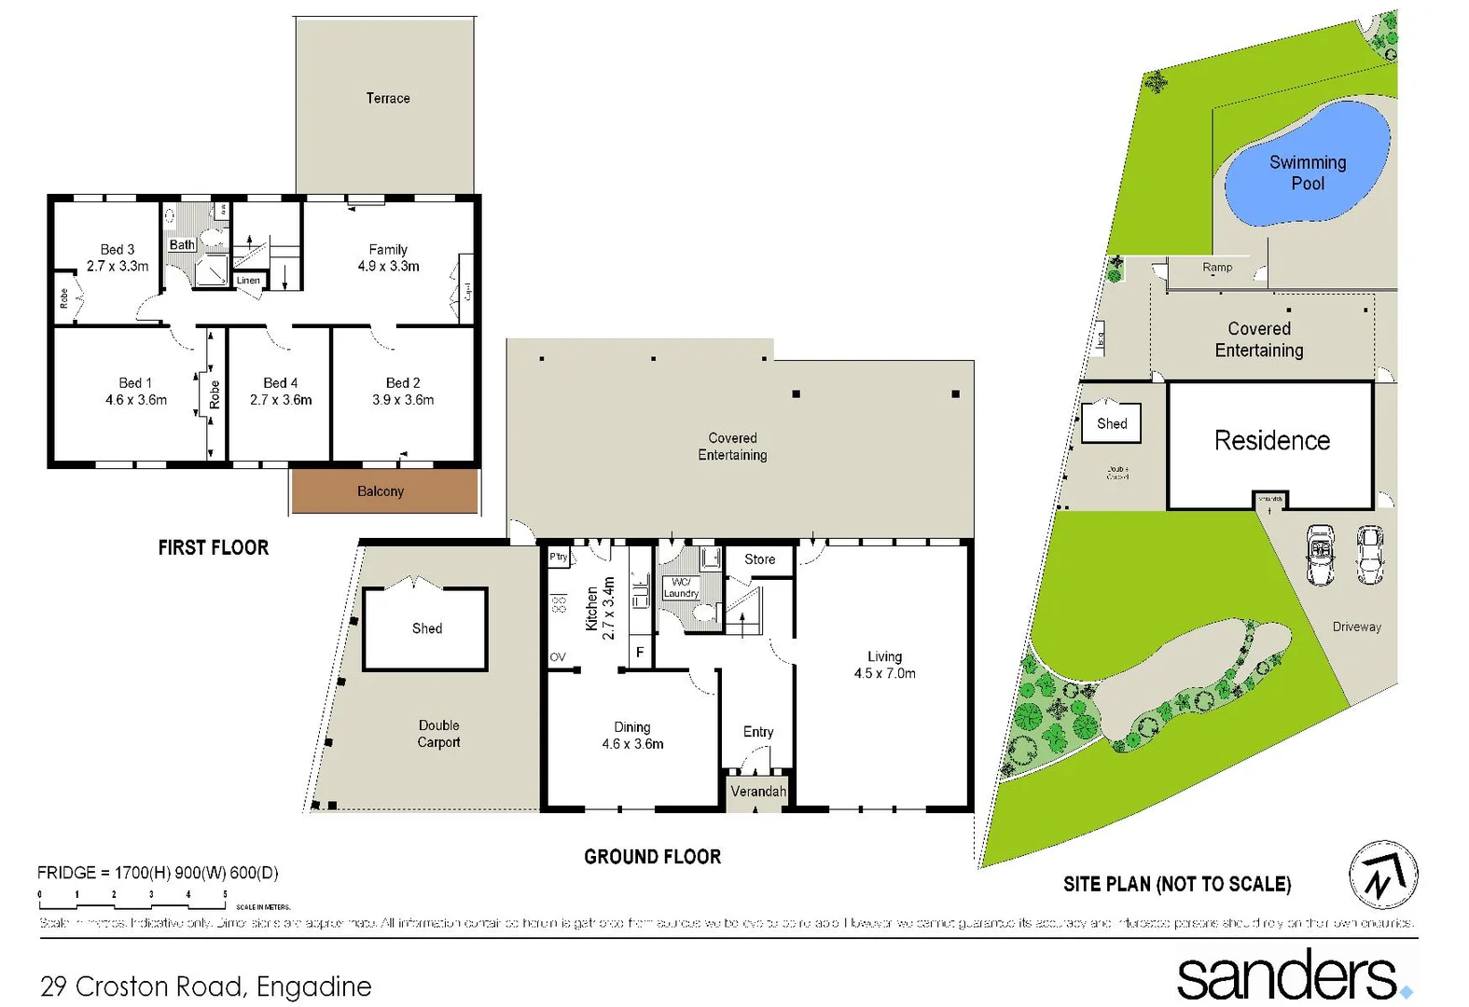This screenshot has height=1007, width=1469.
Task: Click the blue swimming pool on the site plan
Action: click(1306, 168)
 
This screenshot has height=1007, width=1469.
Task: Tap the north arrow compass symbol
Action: click(1383, 876)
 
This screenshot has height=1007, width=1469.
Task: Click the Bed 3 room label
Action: click(118, 249)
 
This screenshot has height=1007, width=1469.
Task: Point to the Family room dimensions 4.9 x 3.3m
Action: click(388, 266)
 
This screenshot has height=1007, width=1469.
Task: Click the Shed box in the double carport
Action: click(425, 628)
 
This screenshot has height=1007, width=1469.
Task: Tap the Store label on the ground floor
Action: click(759, 559)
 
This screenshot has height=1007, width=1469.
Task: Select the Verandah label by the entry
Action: click(757, 792)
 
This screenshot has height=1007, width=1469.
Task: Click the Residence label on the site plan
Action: click(1271, 440)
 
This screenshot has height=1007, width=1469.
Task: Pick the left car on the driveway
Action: click(1320, 554)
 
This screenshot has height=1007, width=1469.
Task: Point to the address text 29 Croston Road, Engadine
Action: click(206, 986)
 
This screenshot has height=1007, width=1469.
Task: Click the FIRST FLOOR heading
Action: click(213, 547)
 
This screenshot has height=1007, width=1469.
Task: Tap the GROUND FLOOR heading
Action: click(652, 857)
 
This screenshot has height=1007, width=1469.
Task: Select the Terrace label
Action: click(387, 98)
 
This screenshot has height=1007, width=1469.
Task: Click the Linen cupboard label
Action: click(248, 280)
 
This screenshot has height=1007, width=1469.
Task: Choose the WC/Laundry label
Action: click(681, 587)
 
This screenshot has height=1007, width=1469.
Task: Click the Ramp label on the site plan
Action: click(1216, 268)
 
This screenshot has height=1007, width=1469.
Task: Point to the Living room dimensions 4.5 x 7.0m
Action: click(884, 673)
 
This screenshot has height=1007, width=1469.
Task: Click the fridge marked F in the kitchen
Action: click(640, 652)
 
